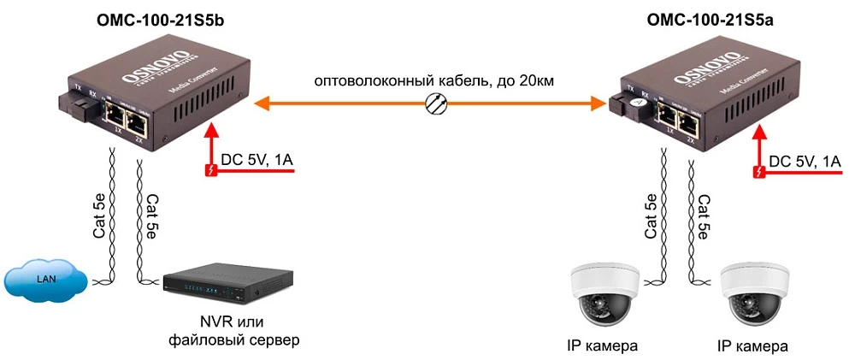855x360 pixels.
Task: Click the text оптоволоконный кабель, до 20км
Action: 434,82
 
